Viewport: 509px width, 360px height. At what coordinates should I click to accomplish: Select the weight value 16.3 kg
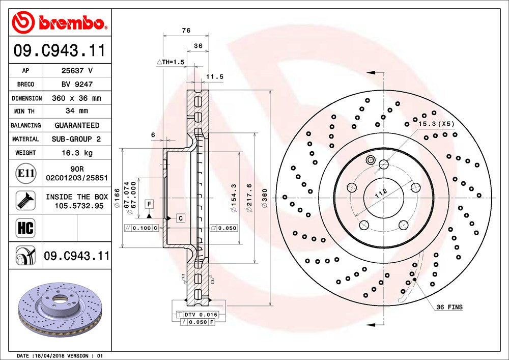click(77, 153)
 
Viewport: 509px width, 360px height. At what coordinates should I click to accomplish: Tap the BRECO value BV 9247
click(77, 85)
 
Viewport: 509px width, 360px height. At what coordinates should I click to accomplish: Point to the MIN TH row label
click(24, 112)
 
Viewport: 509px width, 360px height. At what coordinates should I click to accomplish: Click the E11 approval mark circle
click(25, 173)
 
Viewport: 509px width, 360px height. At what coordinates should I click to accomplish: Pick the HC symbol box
click(25, 228)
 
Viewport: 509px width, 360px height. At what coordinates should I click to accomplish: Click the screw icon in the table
click(25, 200)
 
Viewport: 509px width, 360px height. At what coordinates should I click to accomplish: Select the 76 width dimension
click(186, 31)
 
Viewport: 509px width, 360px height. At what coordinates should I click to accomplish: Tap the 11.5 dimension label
click(215, 77)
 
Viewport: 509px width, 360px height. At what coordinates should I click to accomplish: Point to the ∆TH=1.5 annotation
click(171, 62)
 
